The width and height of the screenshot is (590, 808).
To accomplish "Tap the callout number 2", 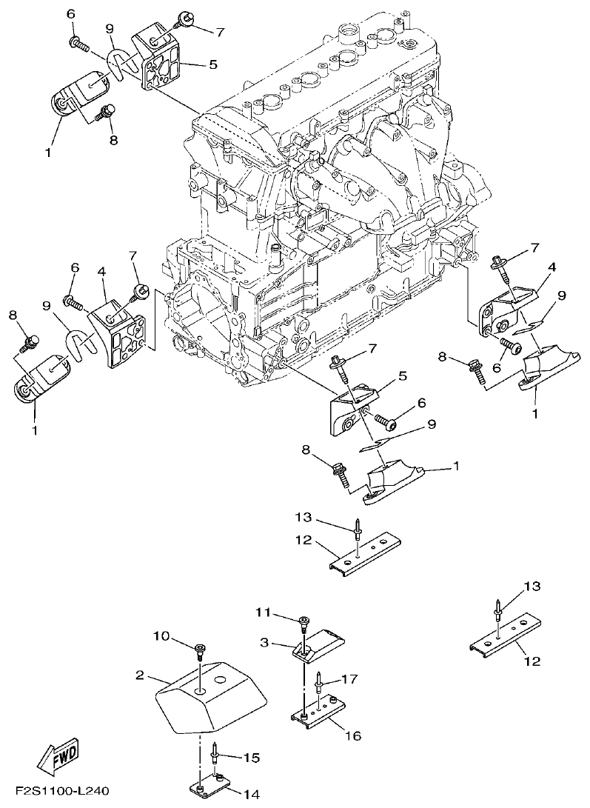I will coord(140,675).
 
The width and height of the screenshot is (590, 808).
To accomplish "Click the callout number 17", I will coord(349,678).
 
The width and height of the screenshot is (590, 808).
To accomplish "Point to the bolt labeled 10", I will coord(201,652).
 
